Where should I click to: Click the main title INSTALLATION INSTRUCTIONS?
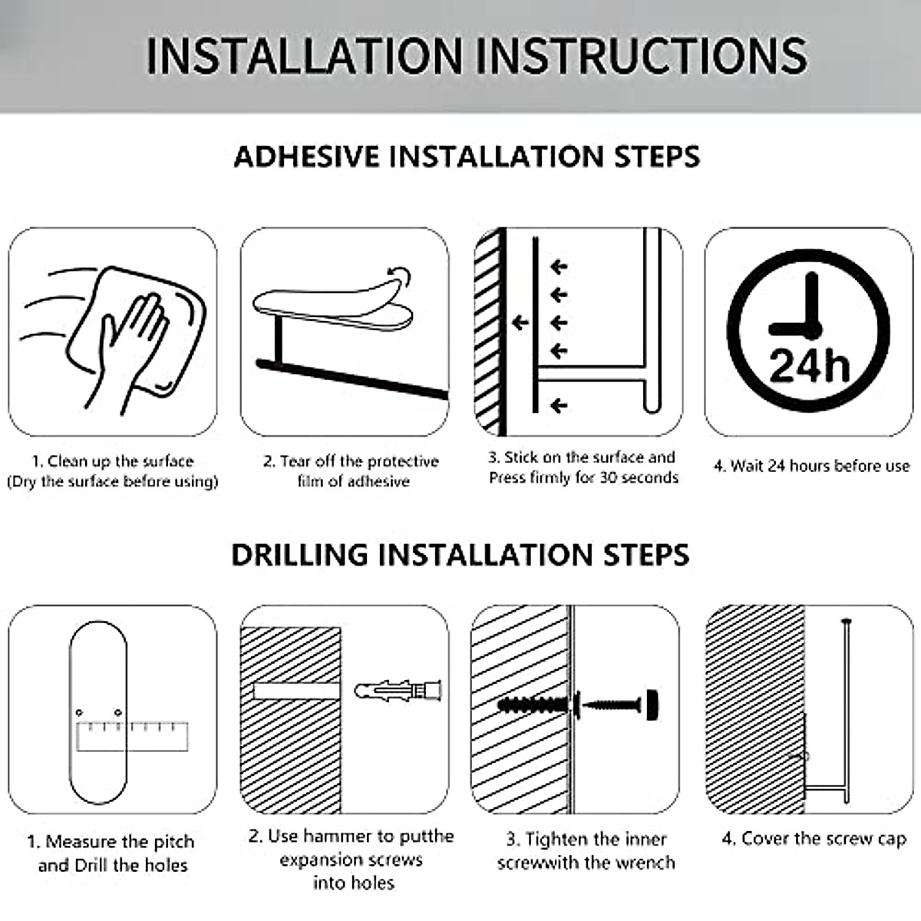click(x=477, y=56)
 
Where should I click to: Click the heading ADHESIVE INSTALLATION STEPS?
click(x=467, y=157)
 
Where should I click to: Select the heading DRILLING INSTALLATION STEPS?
click(x=460, y=554)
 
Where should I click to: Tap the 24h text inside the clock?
click(x=809, y=366)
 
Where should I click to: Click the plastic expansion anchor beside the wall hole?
click(x=398, y=691)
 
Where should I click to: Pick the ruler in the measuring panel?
click(x=132, y=737)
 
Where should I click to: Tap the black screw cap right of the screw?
click(x=652, y=704)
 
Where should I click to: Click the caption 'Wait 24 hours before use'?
click(x=811, y=466)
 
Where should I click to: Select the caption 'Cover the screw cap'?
click(x=814, y=839)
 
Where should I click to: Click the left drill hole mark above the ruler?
click(x=79, y=713)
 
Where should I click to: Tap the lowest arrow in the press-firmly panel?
click(x=559, y=406)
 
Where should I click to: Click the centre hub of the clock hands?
click(x=811, y=329)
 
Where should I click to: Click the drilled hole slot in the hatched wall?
click(x=296, y=691)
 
